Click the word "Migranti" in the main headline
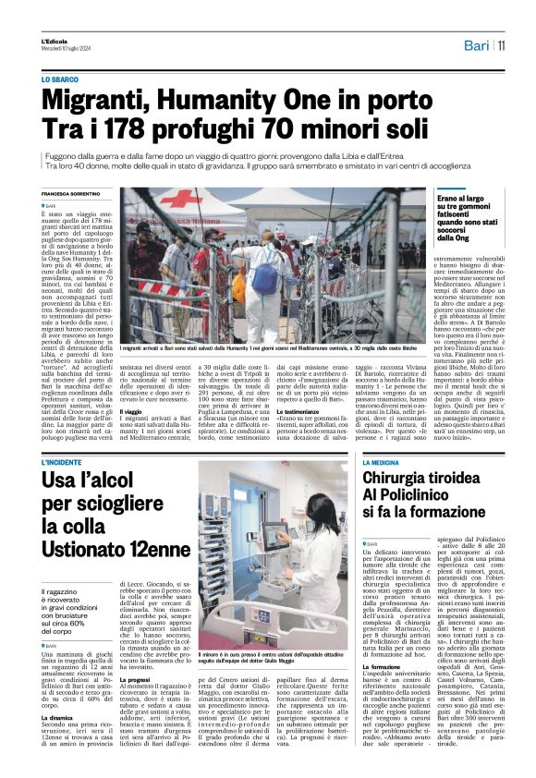pos(107,98)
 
